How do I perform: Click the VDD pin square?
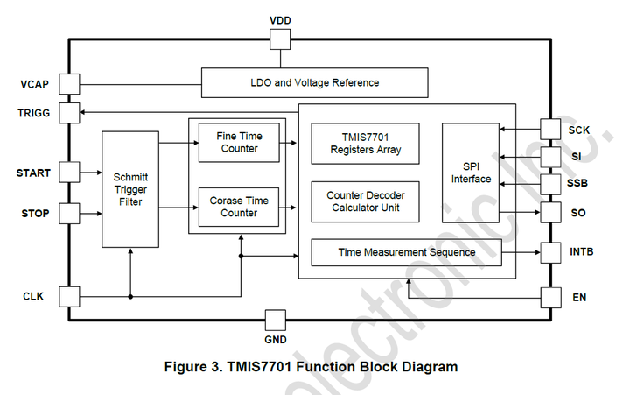280,39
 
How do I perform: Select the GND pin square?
276,321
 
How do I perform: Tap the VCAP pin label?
34,84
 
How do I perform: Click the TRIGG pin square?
69,113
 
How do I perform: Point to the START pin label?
33,173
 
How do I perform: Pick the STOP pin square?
69,213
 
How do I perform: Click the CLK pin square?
69,297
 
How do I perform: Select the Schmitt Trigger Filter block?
130,189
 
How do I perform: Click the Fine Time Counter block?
239,143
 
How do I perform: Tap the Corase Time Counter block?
239,208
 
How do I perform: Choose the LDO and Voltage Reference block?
315,83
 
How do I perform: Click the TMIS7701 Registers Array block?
365,144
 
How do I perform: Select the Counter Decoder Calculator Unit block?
365,202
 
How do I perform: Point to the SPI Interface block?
471,173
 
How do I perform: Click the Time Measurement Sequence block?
407,252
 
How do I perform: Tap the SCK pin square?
550,129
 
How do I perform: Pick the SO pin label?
578,213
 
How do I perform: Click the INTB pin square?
550,252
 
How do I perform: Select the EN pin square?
551,298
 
